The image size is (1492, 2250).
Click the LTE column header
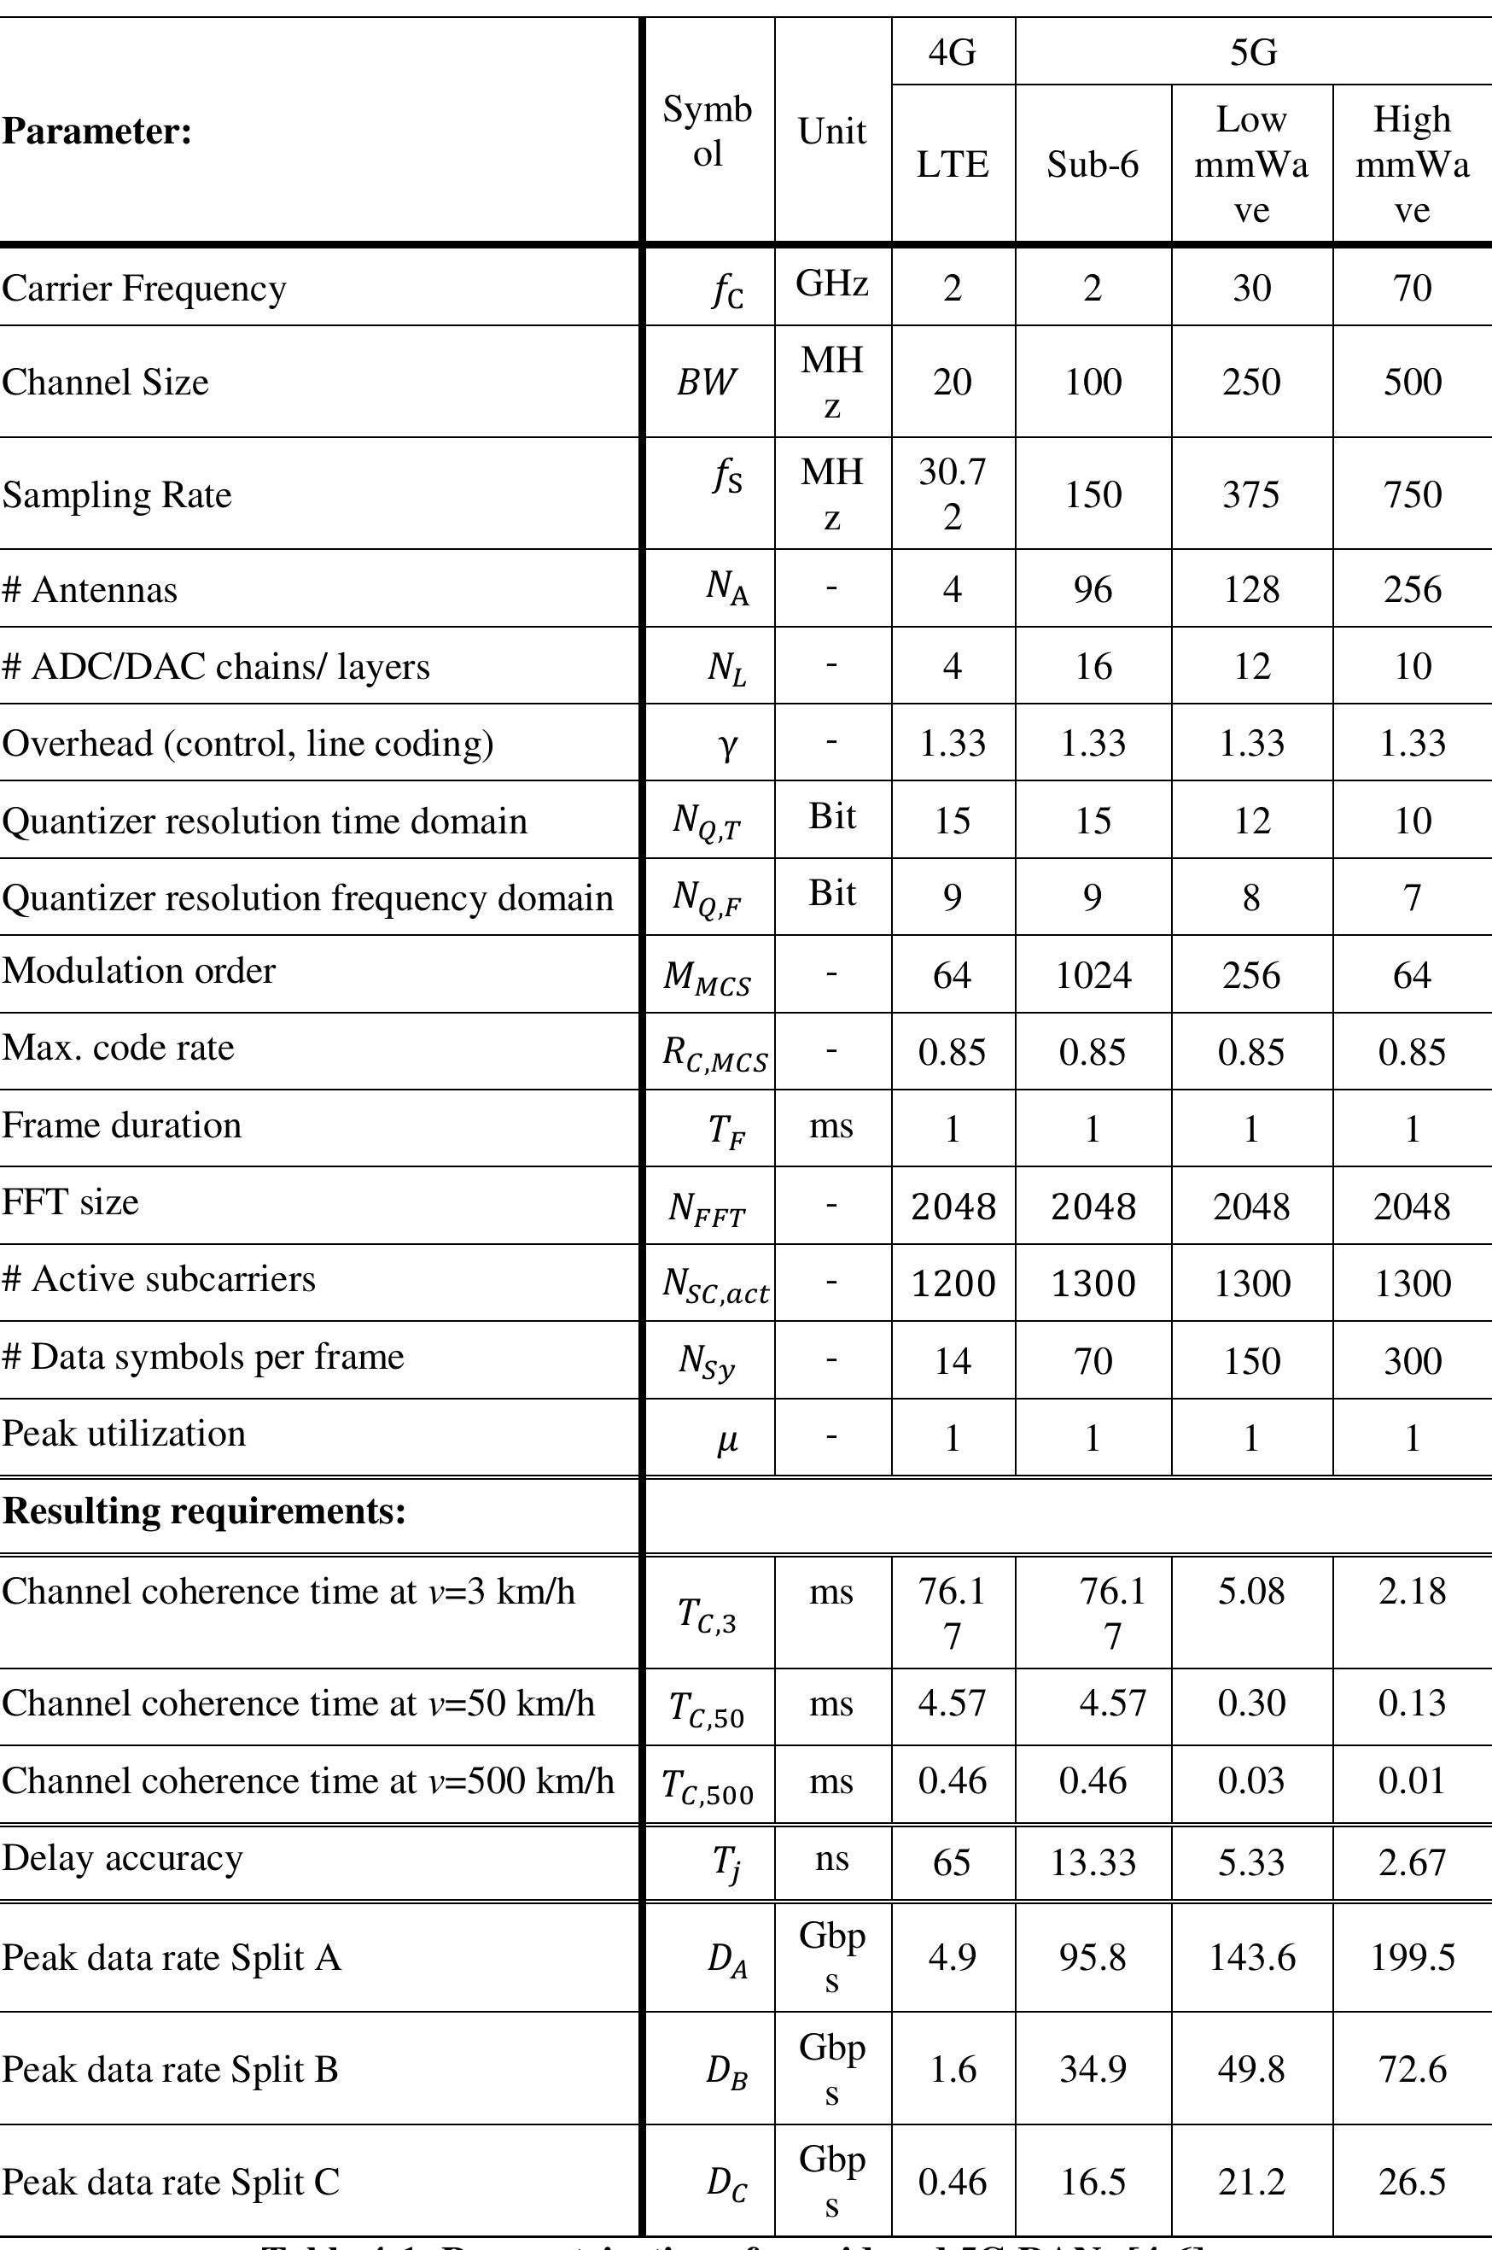[x=953, y=165]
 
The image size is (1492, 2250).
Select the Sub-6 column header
[x=1093, y=165]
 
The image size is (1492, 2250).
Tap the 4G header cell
[x=953, y=51]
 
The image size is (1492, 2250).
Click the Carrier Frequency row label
[x=143, y=288]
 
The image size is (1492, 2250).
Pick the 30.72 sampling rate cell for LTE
[x=953, y=493]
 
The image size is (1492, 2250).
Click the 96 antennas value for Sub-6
[x=1093, y=589]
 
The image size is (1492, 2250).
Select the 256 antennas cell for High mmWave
[x=1412, y=589]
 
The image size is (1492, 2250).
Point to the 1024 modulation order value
[x=1093, y=974]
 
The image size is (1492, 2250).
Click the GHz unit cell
[x=831, y=283]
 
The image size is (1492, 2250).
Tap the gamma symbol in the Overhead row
[x=726, y=745]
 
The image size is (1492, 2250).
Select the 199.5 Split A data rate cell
[x=1412, y=1957]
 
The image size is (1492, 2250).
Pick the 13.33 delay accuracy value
[x=1093, y=1861]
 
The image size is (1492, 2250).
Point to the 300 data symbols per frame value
[x=1412, y=1360]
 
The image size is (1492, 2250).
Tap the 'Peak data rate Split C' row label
[x=171, y=2182]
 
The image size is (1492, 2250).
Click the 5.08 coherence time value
[x=1251, y=1591]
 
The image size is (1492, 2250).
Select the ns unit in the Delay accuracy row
[x=831, y=1858]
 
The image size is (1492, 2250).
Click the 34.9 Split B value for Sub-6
[x=1093, y=2069]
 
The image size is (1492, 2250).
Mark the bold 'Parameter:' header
[x=96, y=131]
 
